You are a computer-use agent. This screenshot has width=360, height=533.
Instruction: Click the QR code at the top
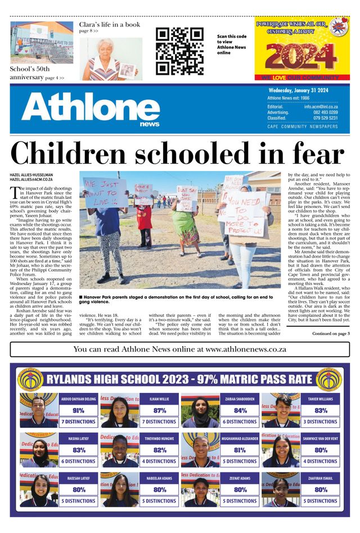tap(179, 51)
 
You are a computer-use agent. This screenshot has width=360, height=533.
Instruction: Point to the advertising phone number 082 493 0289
tap(325, 112)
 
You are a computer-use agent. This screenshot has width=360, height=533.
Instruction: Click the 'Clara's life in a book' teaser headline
tap(110, 25)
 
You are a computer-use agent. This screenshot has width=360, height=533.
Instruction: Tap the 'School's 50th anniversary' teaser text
tap(37, 73)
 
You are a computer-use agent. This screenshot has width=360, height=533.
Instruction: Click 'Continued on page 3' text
tap(331, 334)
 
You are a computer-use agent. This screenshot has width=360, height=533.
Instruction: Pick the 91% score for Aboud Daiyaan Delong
tap(78, 410)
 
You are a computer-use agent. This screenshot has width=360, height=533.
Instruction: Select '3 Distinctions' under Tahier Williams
tap(321, 421)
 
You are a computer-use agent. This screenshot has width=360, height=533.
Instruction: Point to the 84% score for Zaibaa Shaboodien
tap(240, 410)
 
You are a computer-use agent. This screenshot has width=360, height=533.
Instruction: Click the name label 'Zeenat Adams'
tap(240, 478)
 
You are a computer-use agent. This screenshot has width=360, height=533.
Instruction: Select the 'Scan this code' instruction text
tap(232, 37)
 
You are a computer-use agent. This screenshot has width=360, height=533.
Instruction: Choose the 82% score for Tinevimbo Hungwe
tap(160, 450)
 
